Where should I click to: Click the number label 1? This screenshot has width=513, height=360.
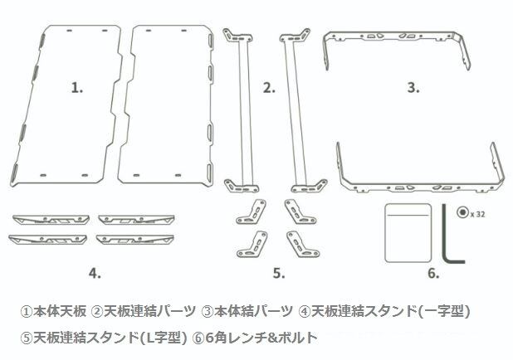pos(77,87)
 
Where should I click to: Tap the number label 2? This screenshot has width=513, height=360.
pos(268,87)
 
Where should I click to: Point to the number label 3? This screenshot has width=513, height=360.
pos(413,87)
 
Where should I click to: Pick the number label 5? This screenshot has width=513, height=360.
pos(279,271)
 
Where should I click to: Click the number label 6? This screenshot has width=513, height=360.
pos(433,271)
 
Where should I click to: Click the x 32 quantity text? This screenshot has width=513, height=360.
pos(477,212)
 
